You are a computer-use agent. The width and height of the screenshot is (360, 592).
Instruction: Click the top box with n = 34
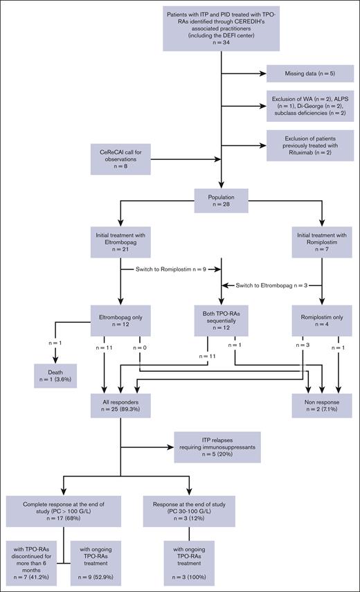tap(221, 26)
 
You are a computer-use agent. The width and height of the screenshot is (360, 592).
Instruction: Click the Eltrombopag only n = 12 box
tap(123, 321)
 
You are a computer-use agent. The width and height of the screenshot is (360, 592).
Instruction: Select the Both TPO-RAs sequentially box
tap(221, 321)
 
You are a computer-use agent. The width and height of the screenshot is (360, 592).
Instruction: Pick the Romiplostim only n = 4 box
tap(321, 321)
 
